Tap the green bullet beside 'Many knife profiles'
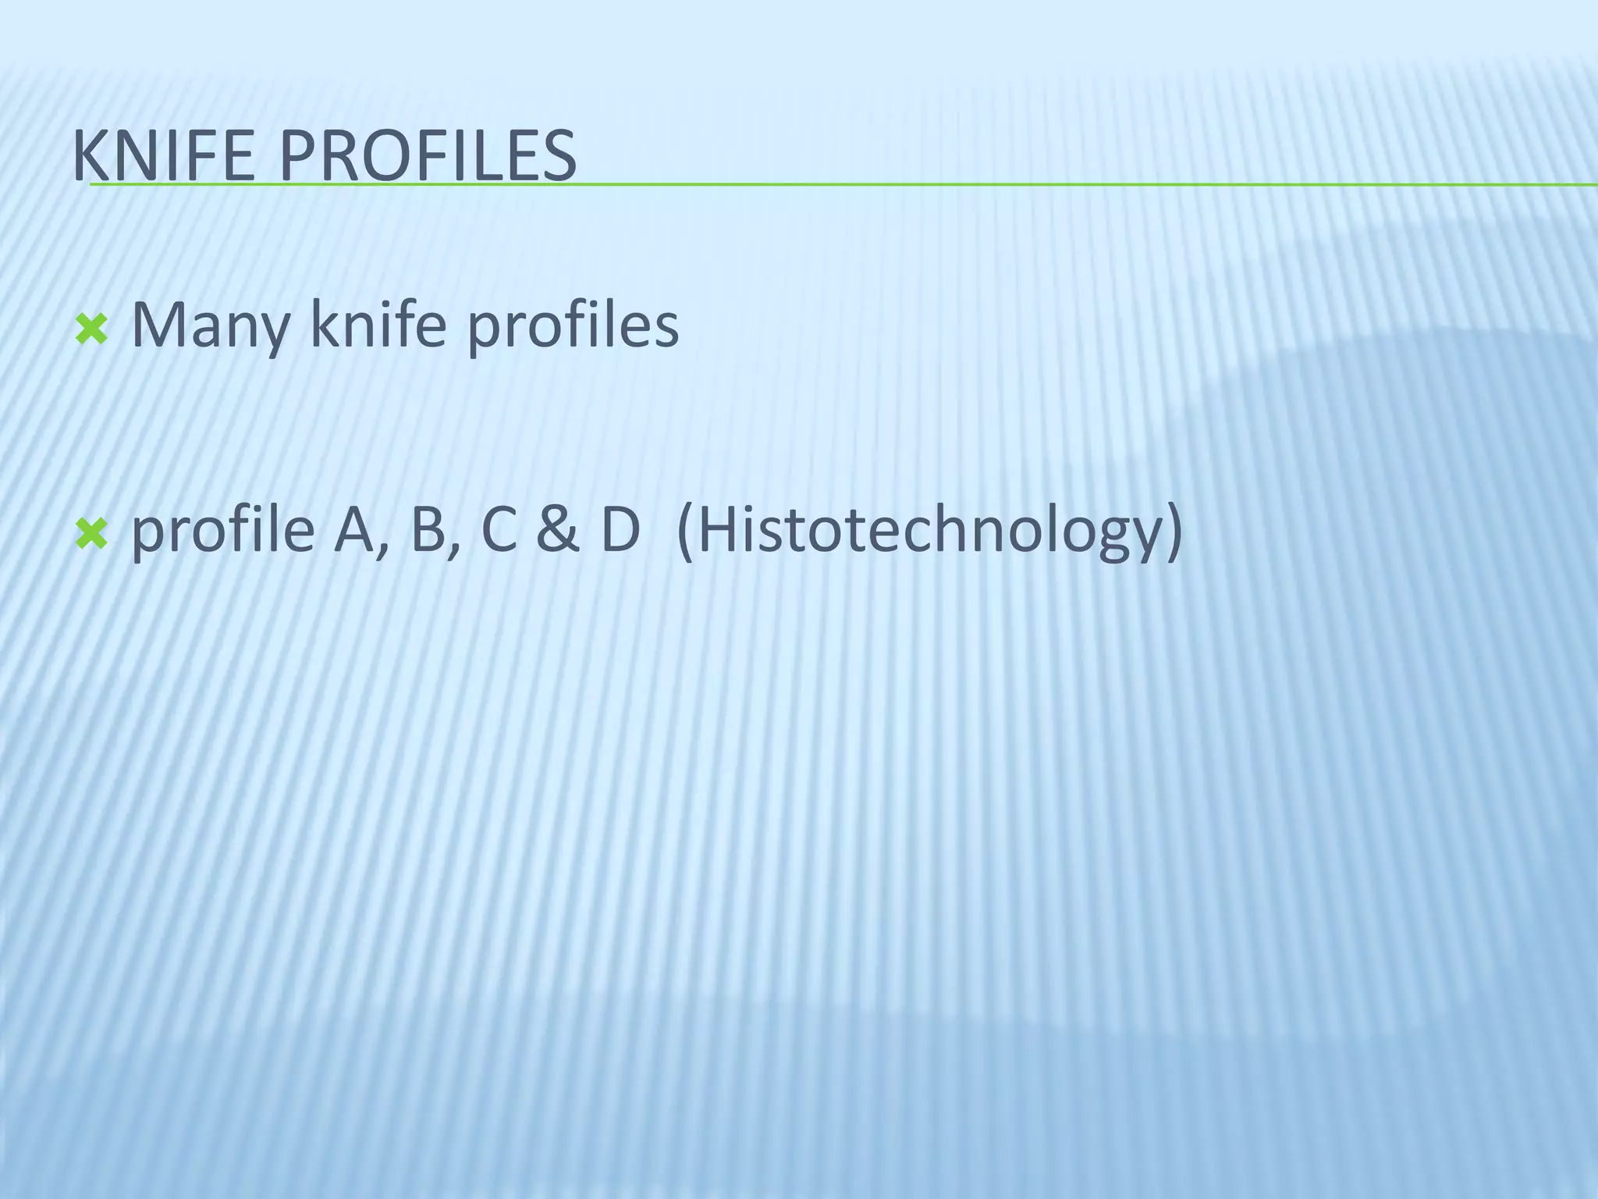(x=91, y=330)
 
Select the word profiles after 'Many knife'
(x=573, y=326)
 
